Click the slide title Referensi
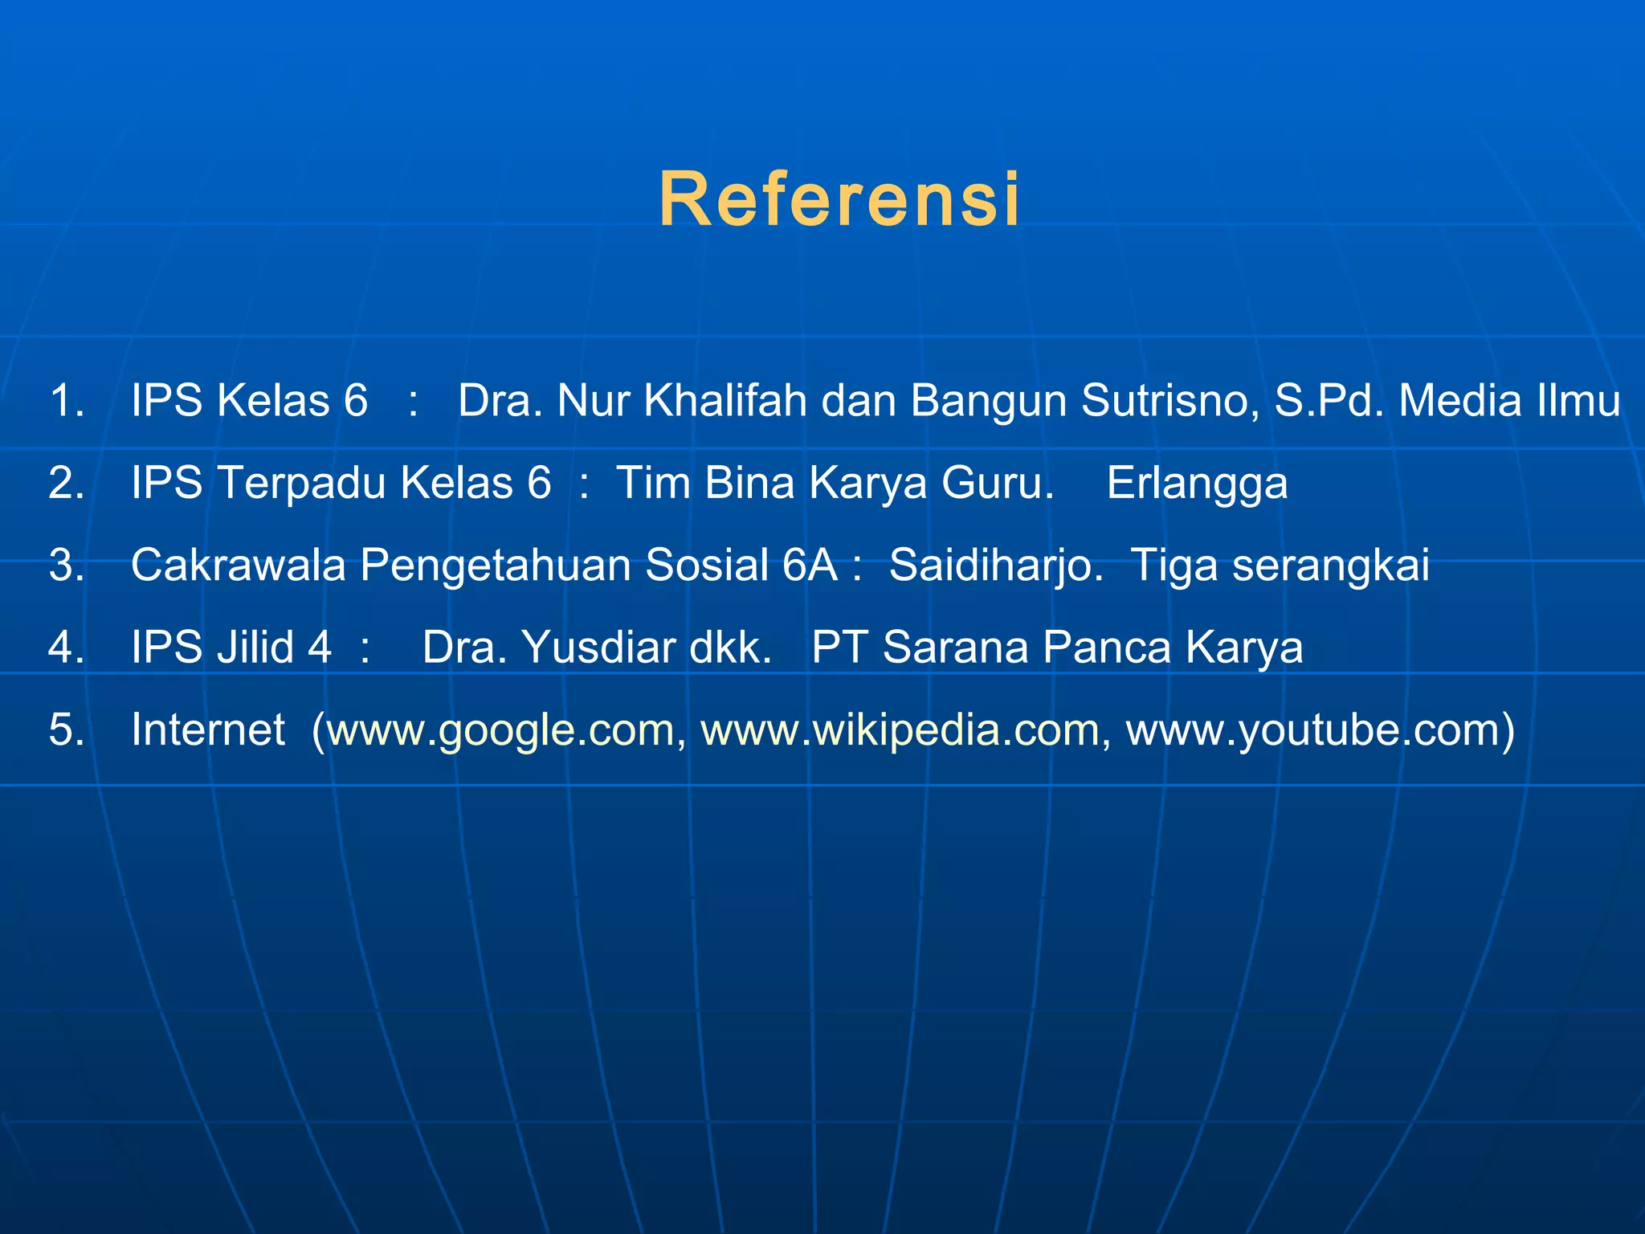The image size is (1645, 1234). tap(839, 199)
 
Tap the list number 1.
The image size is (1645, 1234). tap(66, 400)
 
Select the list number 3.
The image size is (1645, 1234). tap(66, 565)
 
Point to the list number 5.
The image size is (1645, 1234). tap(66, 729)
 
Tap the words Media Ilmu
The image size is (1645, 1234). tap(1509, 400)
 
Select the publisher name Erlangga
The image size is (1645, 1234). tap(1197, 483)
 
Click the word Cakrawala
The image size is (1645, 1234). tap(239, 565)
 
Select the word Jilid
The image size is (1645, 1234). tap(255, 647)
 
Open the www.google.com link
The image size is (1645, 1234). tap(501, 729)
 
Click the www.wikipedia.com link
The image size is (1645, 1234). tap(900, 729)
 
